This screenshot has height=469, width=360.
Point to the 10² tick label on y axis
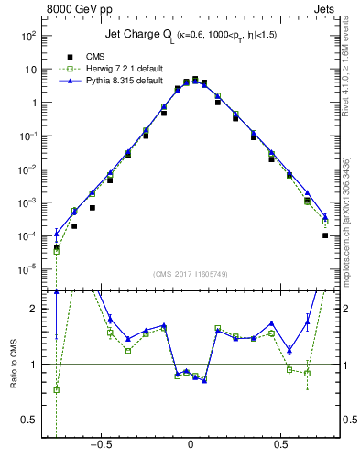click(28, 36)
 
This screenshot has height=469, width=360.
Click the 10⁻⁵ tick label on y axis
click(28, 269)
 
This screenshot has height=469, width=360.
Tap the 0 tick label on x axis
click(191, 442)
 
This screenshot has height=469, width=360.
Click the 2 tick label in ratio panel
click(33, 309)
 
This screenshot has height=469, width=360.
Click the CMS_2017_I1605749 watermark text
click(191, 275)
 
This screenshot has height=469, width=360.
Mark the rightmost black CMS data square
click(325, 235)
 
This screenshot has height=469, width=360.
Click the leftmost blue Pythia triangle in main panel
click(57, 233)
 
